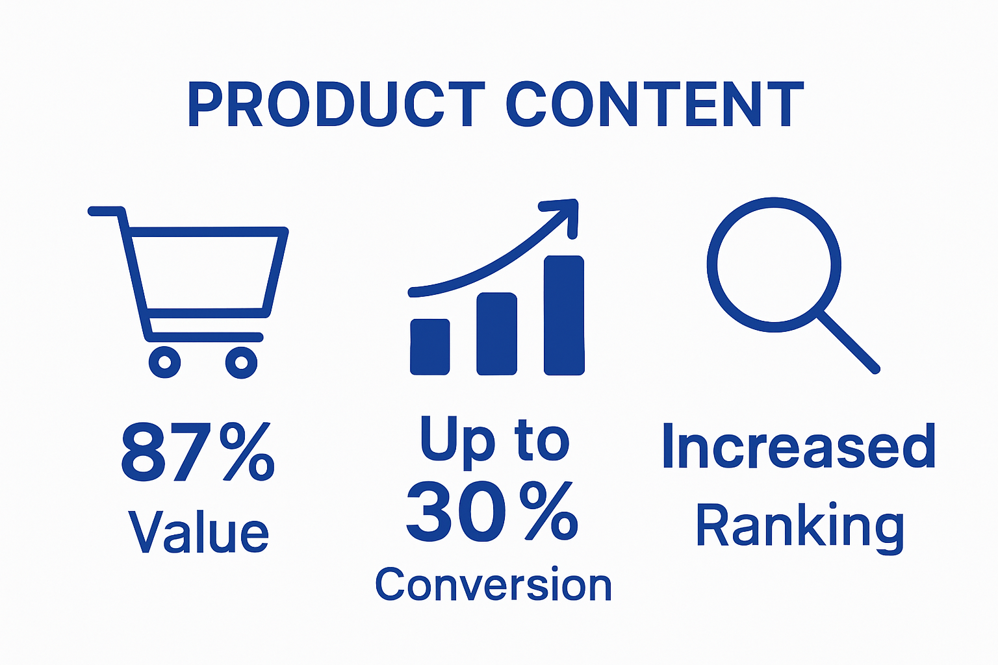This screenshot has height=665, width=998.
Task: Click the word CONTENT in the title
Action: pos(654,104)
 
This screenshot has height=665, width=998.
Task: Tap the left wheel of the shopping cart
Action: pos(164,361)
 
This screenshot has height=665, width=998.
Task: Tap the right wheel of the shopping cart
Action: pos(242,361)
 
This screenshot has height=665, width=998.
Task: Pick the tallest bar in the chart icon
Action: pos(564,315)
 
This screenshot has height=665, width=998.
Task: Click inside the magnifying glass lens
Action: pos(773,265)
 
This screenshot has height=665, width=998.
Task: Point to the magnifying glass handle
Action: pos(848,341)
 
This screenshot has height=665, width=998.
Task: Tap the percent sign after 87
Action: pos(247,452)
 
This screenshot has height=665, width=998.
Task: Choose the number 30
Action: pos(457,512)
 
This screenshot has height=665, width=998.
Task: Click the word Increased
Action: pos(799,447)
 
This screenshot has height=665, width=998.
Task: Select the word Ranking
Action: pos(800,526)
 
